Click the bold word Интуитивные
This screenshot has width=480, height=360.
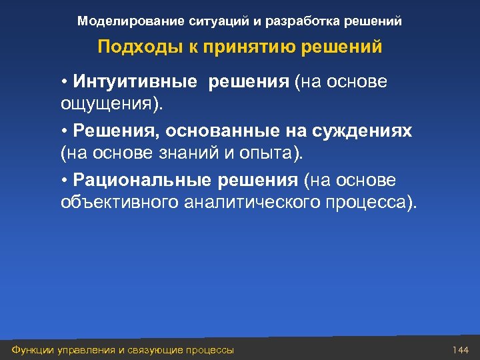click(135, 82)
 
